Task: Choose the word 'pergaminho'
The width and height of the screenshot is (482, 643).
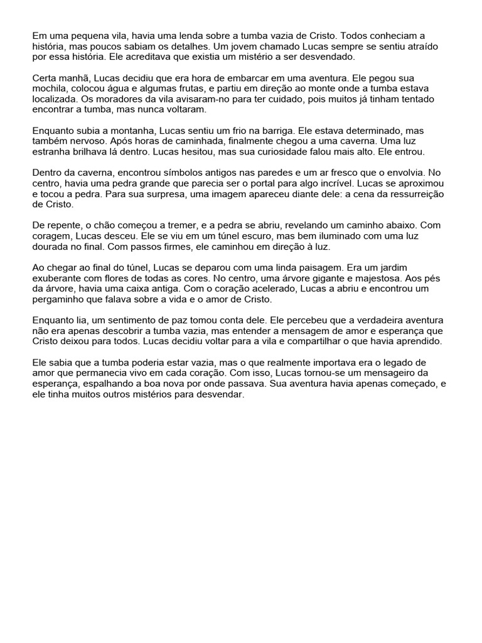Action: (57, 299)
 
